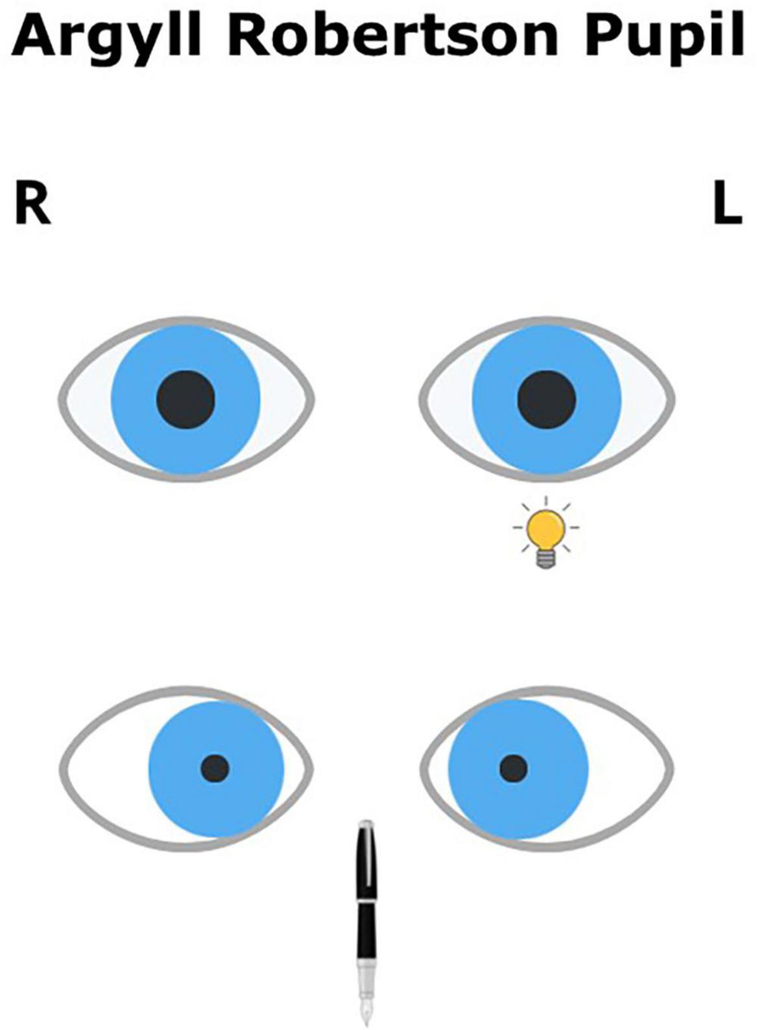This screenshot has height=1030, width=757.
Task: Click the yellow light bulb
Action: tap(545, 529)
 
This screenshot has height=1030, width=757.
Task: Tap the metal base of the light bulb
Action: tap(546, 559)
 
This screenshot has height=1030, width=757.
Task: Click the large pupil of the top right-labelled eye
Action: tap(186, 400)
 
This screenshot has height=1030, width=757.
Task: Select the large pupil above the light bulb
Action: tap(546, 400)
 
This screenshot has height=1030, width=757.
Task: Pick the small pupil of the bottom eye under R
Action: tap(215, 768)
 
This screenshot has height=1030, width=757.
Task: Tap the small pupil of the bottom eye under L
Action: tap(514, 769)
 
